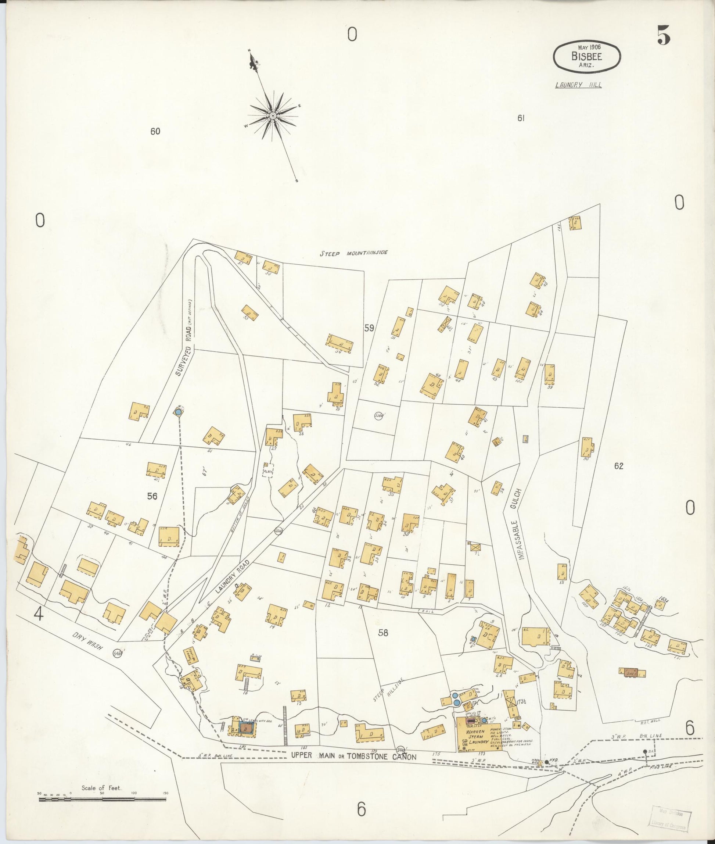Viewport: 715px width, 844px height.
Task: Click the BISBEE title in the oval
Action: click(x=586, y=56)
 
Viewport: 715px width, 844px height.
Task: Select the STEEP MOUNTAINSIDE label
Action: click(x=353, y=253)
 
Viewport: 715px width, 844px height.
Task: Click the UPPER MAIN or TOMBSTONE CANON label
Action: click(x=353, y=755)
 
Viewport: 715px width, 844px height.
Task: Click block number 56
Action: click(x=152, y=496)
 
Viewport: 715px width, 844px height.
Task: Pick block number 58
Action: click(x=383, y=632)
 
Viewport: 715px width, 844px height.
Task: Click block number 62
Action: click(x=618, y=466)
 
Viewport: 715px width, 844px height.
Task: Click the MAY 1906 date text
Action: click(x=586, y=47)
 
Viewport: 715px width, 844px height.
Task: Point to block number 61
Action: click(x=521, y=118)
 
